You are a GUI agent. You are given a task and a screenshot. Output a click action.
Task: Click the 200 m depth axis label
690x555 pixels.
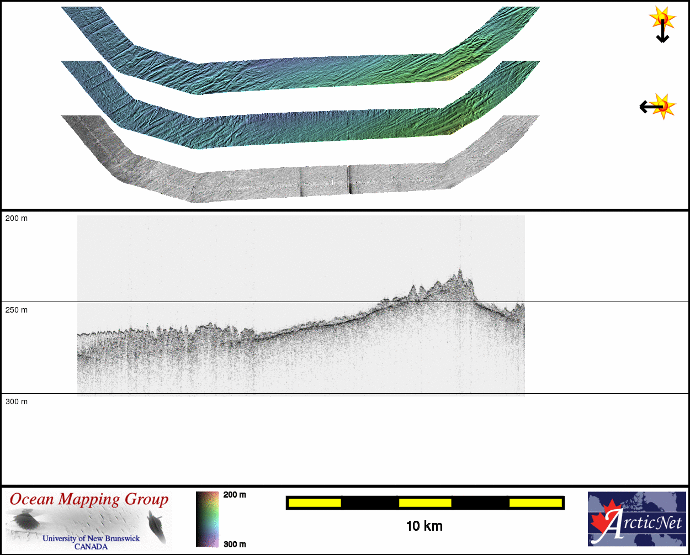click(x=17, y=219)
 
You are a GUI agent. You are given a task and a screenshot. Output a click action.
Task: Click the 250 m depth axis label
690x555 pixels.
click(x=17, y=310)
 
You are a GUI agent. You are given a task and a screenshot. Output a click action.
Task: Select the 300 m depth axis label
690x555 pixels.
click(x=17, y=401)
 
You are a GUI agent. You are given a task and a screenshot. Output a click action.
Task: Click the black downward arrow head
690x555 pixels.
click(x=662, y=39)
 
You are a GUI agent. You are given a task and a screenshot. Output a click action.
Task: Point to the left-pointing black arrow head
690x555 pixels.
click(x=643, y=107)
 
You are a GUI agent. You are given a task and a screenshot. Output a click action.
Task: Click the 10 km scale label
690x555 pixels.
click(x=424, y=526)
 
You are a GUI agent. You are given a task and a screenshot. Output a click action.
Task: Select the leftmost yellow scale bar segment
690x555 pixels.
click(x=315, y=503)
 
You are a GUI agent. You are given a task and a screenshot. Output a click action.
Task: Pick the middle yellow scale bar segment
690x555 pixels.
click(x=425, y=503)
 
